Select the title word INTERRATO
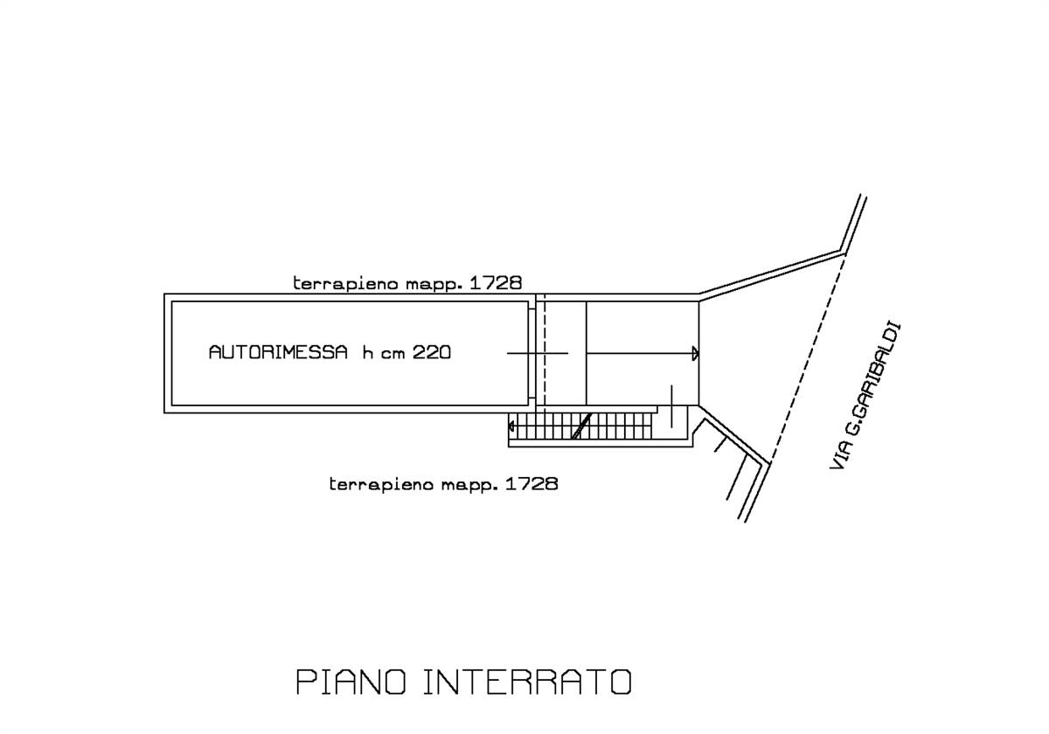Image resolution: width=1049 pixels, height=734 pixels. click(527, 682)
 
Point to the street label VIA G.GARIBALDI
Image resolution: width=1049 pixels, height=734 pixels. click(865, 398)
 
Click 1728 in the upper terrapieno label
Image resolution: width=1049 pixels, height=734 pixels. click(496, 283)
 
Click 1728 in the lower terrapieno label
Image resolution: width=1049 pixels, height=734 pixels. click(531, 483)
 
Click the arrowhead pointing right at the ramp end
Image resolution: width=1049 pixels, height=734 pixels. click(695, 353)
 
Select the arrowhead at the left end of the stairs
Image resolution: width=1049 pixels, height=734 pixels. click(511, 426)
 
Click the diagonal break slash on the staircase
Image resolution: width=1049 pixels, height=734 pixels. click(580, 426)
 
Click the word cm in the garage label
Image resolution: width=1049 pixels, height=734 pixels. click(393, 353)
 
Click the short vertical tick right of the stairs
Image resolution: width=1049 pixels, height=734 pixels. click(671, 405)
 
